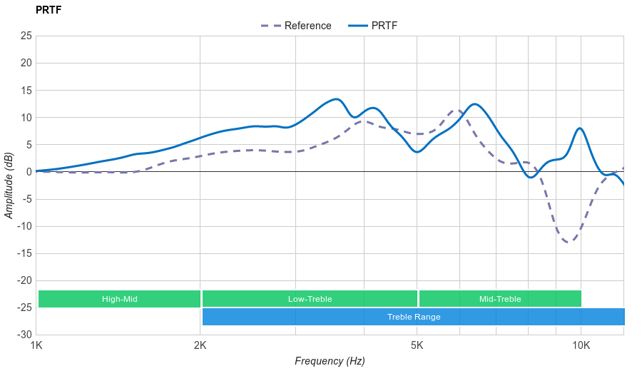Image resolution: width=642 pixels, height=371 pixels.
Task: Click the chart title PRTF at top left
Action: [x=48, y=9]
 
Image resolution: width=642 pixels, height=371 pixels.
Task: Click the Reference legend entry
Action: [x=307, y=26]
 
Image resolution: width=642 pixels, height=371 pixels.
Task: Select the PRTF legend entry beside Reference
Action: [x=384, y=26]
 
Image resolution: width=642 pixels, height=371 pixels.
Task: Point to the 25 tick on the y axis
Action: [x=26, y=35]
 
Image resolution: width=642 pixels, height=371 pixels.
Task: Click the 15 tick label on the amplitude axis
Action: [x=26, y=90]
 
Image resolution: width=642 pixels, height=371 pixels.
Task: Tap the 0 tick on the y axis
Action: [x=29, y=172]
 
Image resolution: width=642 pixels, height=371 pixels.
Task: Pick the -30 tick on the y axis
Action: [x=24, y=335]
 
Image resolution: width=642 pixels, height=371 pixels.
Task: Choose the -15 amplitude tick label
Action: [x=24, y=253]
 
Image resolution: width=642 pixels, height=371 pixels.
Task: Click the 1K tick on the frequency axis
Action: [x=36, y=346]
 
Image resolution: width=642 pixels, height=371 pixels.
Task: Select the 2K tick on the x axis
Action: [x=200, y=346]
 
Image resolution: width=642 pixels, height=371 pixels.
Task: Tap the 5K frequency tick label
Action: [x=417, y=346]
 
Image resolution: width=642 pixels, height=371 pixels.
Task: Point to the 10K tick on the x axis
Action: [x=581, y=346]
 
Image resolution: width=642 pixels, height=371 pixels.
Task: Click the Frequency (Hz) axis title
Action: [x=330, y=361]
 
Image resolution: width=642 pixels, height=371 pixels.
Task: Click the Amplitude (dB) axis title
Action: [x=9, y=185]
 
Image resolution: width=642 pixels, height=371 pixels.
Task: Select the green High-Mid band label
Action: [x=119, y=299]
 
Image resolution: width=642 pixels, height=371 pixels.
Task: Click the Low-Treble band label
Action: [x=310, y=299]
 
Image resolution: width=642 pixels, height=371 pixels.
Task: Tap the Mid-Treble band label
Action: [x=500, y=299]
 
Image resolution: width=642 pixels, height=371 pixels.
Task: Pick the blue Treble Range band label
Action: [x=414, y=317]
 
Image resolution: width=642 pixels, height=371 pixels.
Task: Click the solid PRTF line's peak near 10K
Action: [x=580, y=128]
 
